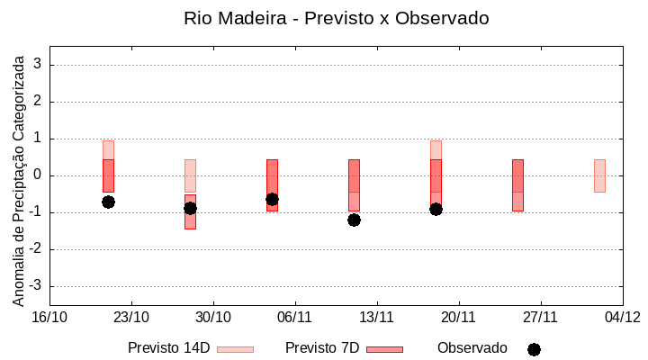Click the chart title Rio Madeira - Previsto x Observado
(x=336, y=18)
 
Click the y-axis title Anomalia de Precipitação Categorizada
(x=18, y=177)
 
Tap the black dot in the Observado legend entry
(x=534, y=349)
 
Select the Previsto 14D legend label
(x=168, y=348)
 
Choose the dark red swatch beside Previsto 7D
(x=384, y=349)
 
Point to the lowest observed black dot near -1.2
(x=354, y=220)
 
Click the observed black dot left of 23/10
(x=108, y=202)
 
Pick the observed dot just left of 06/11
(x=272, y=199)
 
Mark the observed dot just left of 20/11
(x=436, y=209)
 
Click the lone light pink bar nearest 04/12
(x=599, y=175)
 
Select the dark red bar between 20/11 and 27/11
(x=517, y=184)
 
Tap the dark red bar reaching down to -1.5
(x=190, y=212)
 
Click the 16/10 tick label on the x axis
(x=49, y=317)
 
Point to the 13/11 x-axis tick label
(x=377, y=317)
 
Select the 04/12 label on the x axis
(x=622, y=317)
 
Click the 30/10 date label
(x=213, y=317)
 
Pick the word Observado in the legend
(x=472, y=348)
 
